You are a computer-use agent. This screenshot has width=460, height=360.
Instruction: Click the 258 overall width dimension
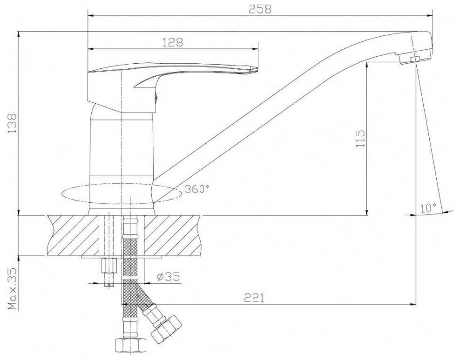[260, 9]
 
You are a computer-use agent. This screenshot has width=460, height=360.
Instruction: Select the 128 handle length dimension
[173, 42]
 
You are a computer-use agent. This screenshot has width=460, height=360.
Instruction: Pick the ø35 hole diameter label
[168, 277]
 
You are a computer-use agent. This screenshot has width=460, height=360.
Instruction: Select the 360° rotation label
[196, 189]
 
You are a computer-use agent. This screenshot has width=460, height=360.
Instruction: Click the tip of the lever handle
[254, 70]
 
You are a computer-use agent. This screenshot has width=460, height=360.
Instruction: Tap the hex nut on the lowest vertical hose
[130, 345]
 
